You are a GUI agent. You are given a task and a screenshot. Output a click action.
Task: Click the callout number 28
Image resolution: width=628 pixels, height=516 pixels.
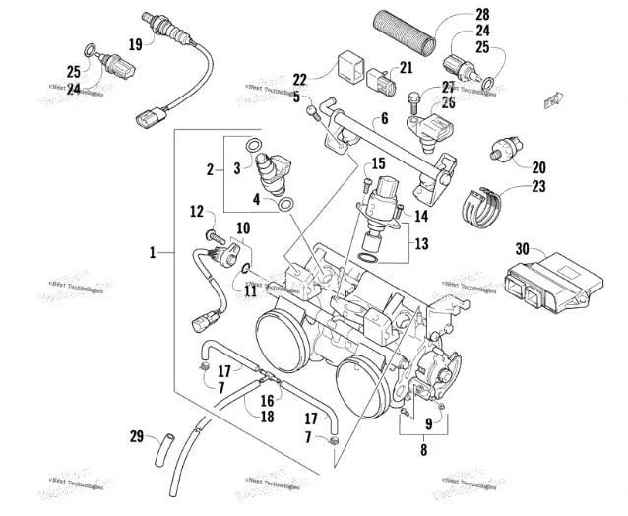pyautogui.click(x=481, y=15)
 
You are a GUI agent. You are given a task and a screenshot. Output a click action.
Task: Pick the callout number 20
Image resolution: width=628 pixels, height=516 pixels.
pyautogui.click(x=537, y=167)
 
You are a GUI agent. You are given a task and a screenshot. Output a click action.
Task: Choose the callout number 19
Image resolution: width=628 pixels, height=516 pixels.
pyautogui.click(x=135, y=43)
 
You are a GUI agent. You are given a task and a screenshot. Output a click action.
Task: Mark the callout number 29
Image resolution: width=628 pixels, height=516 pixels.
pyautogui.click(x=136, y=434)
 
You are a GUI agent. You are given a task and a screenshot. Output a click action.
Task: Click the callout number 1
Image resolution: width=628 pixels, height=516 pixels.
pyautogui.click(x=154, y=253)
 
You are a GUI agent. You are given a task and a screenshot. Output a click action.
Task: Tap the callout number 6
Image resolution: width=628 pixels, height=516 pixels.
pyautogui.click(x=384, y=119)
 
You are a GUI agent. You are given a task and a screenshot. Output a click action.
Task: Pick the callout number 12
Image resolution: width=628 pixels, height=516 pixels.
pyautogui.click(x=196, y=211)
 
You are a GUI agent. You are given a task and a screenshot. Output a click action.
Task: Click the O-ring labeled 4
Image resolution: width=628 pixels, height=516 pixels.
pyautogui.click(x=284, y=204)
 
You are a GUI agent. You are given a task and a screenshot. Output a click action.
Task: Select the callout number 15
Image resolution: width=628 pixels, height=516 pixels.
pyautogui.click(x=378, y=163)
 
